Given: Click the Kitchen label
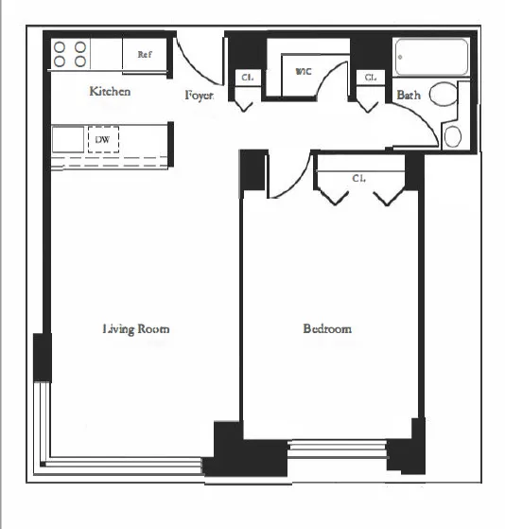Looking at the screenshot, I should (110, 92).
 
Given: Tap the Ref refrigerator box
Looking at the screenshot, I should (145, 55).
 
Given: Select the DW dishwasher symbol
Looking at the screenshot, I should (102, 139).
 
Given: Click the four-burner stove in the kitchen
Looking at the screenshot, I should (71, 54).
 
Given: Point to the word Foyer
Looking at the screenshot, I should (199, 96).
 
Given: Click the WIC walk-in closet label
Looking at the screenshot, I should (304, 71).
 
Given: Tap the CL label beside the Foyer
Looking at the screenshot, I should (246, 78).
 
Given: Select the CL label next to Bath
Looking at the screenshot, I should (371, 78).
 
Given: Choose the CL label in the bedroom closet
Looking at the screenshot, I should (359, 177).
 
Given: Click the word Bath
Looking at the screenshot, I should (409, 95).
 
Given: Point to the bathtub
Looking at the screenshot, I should (431, 57).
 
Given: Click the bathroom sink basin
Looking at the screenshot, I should (453, 136).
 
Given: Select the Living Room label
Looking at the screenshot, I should (136, 329).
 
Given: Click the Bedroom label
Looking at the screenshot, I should (327, 329).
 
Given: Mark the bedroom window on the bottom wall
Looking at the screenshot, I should (337, 448).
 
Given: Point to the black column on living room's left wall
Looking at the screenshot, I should (42, 357).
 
